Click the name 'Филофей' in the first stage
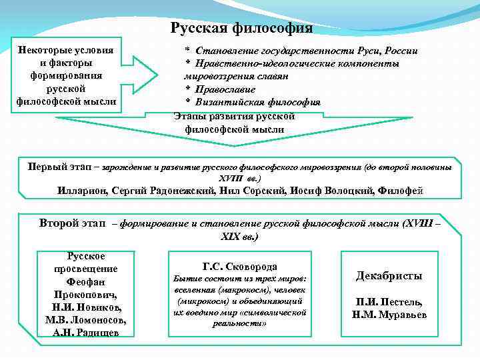[x=400, y=191]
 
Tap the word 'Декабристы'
[x=389, y=275]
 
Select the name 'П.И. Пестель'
[x=389, y=301]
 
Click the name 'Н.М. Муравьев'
[x=389, y=314]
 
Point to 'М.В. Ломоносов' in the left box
[x=85, y=319]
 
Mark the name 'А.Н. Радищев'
[x=85, y=332]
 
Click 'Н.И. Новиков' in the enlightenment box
[x=85, y=307]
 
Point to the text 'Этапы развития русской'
[x=234, y=116]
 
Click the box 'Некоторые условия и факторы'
[x=65, y=76]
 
